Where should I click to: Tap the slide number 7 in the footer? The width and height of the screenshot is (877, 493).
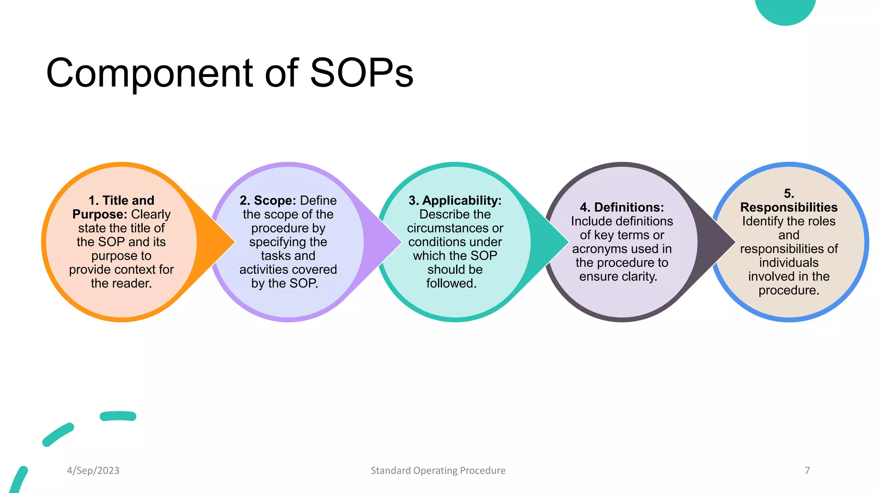(x=807, y=470)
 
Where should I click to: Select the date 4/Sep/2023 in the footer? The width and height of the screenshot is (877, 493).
(x=93, y=470)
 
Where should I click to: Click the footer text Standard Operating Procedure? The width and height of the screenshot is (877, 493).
(x=438, y=470)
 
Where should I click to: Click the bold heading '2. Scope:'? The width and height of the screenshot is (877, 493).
(x=268, y=200)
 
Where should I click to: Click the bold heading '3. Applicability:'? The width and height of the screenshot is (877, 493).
(x=455, y=200)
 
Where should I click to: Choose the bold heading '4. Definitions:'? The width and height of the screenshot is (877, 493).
(x=622, y=207)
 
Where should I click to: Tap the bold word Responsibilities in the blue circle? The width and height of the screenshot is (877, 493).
(x=789, y=207)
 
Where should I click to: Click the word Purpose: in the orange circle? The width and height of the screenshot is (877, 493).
(x=100, y=214)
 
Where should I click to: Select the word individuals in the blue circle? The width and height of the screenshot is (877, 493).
(x=789, y=262)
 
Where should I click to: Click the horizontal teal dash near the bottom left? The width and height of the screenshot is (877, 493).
(x=118, y=416)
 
